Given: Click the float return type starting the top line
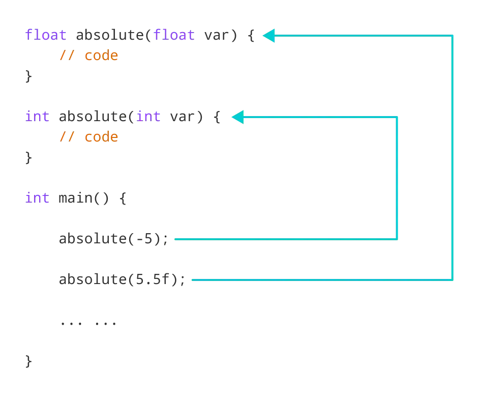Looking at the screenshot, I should [x=46, y=35].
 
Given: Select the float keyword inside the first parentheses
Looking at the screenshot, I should [x=174, y=35].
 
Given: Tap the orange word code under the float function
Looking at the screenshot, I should [x=101, y=55].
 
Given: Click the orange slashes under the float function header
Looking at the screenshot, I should [x=66, y=55].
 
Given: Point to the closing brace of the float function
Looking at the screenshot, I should [x=28, y=77].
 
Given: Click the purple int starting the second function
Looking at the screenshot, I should [x=37, y=117].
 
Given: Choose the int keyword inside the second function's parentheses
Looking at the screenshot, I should [x=149, y=117].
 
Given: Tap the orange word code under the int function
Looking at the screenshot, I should [x=101, y=136].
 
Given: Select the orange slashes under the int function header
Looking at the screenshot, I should [x=66, y=136].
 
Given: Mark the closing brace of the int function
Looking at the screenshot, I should [x=28, y=158].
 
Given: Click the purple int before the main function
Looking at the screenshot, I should [x=37, y=198].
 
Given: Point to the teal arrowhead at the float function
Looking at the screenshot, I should [x=269, y=36].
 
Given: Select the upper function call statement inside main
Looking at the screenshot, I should [x=112, y=238].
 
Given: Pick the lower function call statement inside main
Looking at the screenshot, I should [x=122, y=279].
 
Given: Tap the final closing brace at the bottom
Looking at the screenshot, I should [x=28, y=362].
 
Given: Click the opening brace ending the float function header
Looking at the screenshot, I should [x=251, y=36].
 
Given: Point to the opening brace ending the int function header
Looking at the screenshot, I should [x=217, y=118].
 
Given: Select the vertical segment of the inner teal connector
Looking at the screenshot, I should [x=396, y=177].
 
